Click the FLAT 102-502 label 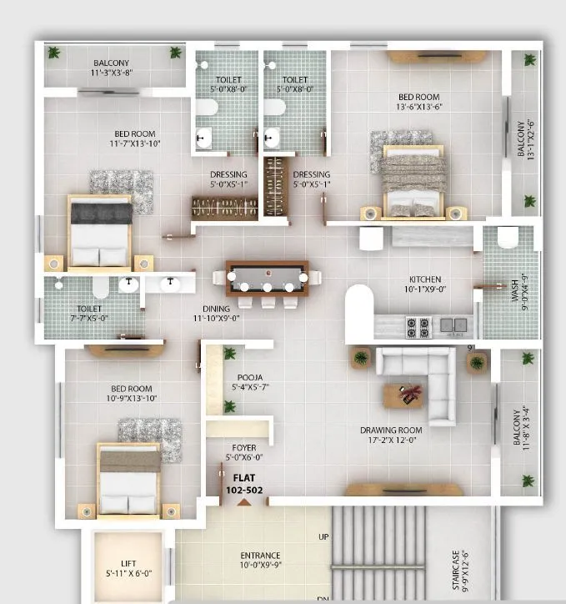click(243, 485)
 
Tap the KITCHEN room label click(424, 279)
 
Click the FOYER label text click(243, 448)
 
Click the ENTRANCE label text click(260, 555)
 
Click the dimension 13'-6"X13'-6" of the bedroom click(418, 107)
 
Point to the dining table click(266, 277)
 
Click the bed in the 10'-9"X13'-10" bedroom click(128, 479)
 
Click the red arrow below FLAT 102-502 click(243, 502)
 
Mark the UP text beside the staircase click(323, 537)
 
